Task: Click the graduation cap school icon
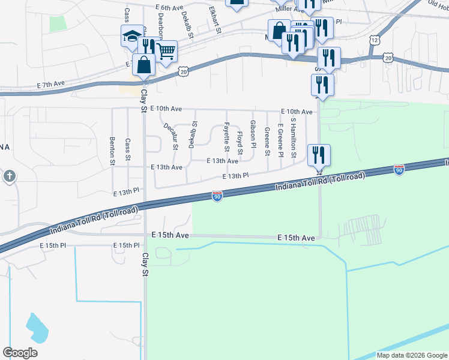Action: point(131,37)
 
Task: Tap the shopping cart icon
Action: point(166,52)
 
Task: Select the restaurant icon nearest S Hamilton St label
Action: point(319,155)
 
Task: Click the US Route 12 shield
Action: point(375,40)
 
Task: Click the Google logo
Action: point(20,353)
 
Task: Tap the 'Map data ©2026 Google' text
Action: point(411,355)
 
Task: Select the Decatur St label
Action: point(170,136)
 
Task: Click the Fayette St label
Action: point(227,137)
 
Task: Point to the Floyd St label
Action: point(240,142)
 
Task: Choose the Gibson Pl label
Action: point(253,134)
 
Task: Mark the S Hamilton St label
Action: point(293,137)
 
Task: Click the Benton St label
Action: point(112,150)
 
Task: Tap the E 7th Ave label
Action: point(50,86)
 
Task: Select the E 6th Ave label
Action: point(168,8)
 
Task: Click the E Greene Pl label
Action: point(280,137)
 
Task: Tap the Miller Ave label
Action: point(290,10)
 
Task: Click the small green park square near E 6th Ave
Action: point(58,23)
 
